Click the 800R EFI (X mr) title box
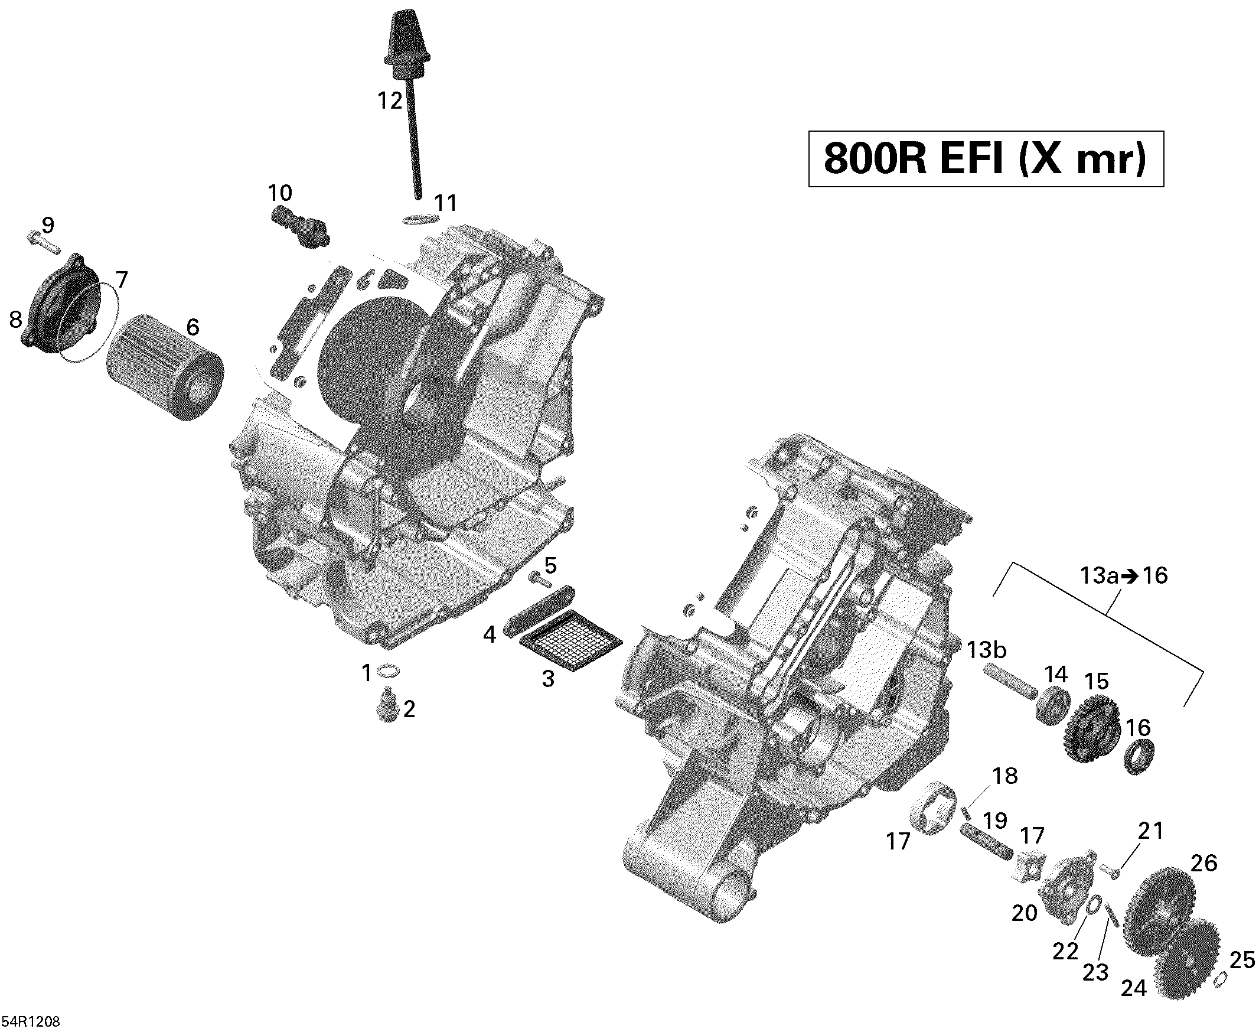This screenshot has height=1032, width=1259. tap(985, 159)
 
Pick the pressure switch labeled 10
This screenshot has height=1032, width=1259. tap(300, 229)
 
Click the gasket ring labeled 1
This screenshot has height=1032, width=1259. tap(389, 672)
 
